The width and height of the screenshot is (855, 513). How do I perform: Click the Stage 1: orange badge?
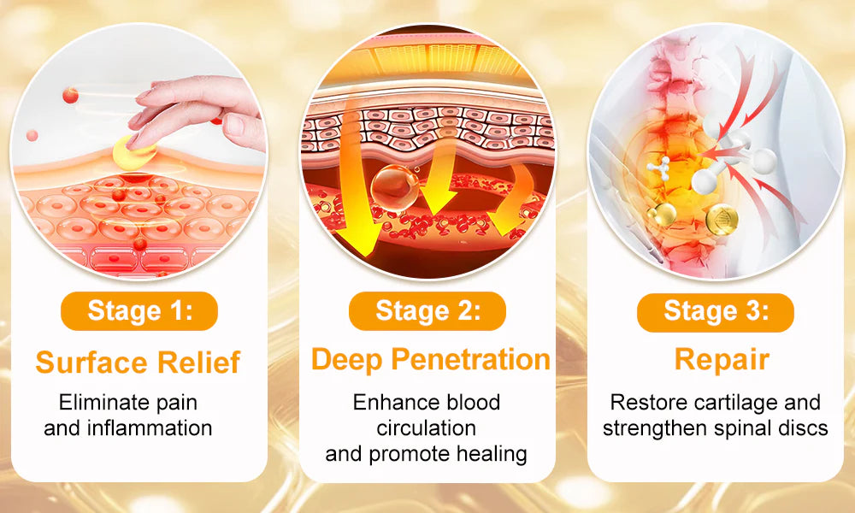pos(139,310)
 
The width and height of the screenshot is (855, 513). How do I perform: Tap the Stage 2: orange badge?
pos(427,310)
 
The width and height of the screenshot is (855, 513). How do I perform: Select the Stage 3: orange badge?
pos(716,312)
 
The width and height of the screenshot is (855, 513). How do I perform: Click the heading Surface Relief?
pos(138,363)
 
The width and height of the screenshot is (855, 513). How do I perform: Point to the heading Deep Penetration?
pos(431,360)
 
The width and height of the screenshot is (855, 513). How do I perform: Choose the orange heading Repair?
pos(722,360)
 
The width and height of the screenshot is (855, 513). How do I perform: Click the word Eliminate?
pos(96,403)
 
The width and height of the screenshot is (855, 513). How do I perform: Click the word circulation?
pos(427,428)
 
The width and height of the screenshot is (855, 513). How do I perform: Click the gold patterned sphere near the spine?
pos(722,220)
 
